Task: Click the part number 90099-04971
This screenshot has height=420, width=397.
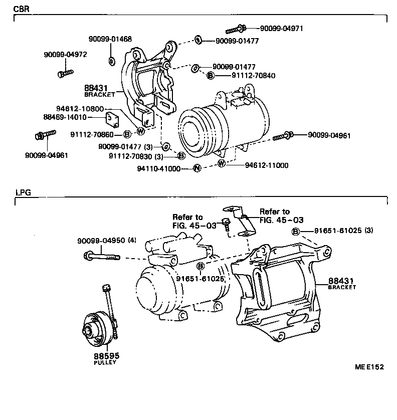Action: click(x=281, y=29)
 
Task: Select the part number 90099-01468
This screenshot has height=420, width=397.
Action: click(x=110, y=39)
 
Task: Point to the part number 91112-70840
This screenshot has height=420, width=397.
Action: click(x=253, y=75)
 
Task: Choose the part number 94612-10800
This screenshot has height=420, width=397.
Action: click(x=80, y=109)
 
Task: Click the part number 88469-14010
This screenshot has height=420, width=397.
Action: click(x=65, y=117)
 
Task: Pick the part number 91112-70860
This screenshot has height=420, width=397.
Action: click(x=93, y=134)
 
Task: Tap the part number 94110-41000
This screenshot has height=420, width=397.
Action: click(x=159, y=168)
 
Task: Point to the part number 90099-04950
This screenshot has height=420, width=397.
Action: click(x=102, y=241)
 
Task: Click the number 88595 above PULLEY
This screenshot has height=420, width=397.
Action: click(x=106, y=356)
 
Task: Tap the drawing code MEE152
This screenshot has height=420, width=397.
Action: click(x=369, y=367)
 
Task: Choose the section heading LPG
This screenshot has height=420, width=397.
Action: click(x=23, y=192)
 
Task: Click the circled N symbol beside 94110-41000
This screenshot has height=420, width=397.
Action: click(x=197, y=168)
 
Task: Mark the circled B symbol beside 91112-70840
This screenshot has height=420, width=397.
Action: click(x=211, y=75)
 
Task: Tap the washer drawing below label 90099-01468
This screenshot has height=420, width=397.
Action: click(x=111, y=61)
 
